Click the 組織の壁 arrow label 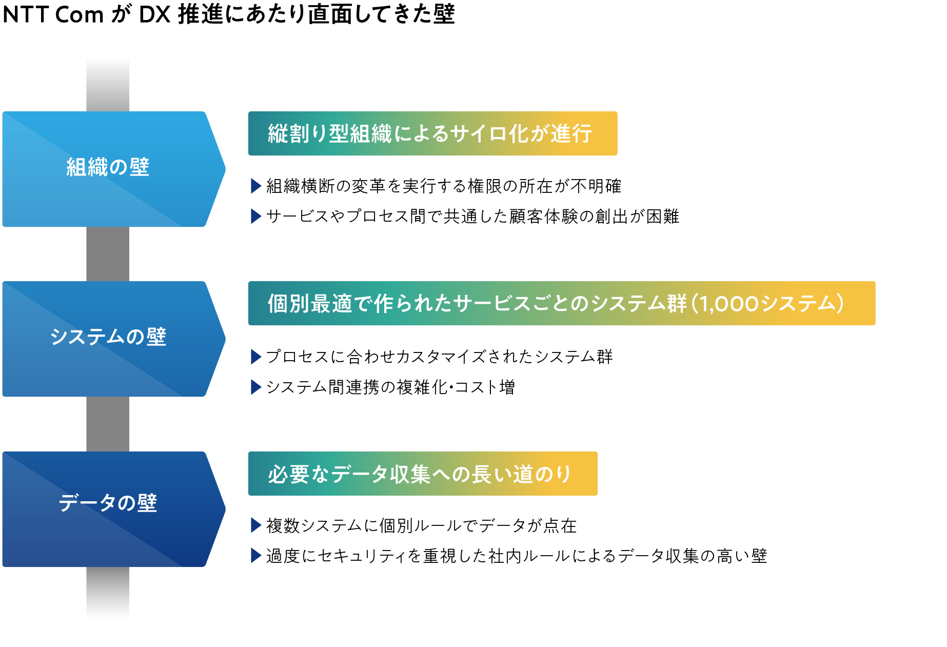[x=108, y=167]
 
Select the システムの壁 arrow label [x=108, y=337]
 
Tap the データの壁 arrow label [x=108, y=503]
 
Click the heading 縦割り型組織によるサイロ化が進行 [x=430, y=133]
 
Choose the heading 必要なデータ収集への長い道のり [x=419, y=474]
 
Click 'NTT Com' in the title [x=53, y=14]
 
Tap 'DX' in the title [x=155, y=14]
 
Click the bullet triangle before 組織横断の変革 [x=256, y=186]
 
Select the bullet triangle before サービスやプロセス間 [x=256, y=216]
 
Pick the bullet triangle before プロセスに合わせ [x=256, y=357]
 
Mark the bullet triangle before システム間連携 [x=256, y=387]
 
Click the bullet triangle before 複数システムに [x=256, y=525]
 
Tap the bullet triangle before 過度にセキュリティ [x=256, y=555]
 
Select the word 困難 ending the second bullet [x=663, y=216]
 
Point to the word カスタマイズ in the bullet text [x=433, y=357]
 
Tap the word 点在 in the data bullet [x=560, y=525]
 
